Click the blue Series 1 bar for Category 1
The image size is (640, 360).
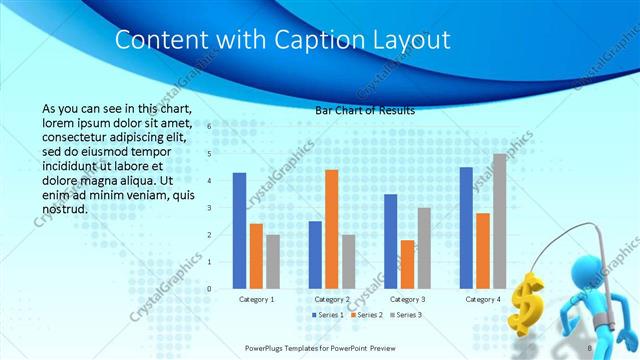point(239,230)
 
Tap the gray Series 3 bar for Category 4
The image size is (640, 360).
point(499,220)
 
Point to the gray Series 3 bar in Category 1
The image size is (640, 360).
point(273,261)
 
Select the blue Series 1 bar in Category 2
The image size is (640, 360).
point(315,254)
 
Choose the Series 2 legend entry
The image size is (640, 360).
point(368,315)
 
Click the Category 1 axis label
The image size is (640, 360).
point(257,299)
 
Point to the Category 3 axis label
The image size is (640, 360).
point(408,299)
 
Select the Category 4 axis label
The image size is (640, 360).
point(483,299)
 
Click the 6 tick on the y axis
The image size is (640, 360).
point(210,127)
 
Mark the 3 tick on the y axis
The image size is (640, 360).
point(210,208)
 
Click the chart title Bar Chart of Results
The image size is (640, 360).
point(365,110)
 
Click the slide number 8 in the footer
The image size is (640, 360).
point(591,347)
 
